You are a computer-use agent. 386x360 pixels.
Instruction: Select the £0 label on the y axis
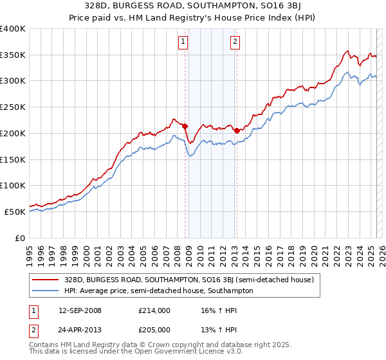20,238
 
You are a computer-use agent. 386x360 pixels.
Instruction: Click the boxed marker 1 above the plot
183,42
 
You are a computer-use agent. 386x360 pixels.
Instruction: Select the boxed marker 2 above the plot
235,42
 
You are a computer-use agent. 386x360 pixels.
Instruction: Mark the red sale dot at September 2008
185,126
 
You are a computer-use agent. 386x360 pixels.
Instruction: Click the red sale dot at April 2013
237,130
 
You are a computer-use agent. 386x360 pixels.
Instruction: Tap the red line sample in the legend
46,280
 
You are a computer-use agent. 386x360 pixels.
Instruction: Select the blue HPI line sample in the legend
46,291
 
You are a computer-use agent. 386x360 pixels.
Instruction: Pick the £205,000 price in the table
154,328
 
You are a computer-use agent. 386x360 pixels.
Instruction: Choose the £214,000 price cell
154,310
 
